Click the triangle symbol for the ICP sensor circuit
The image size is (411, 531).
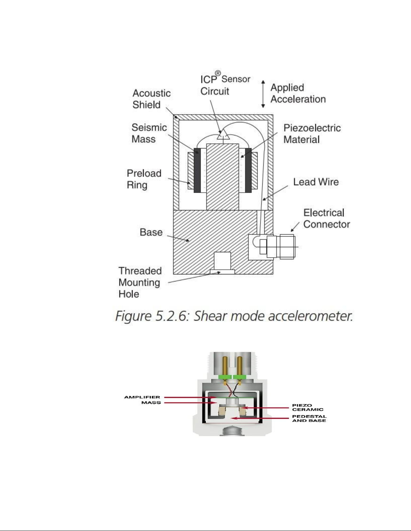[223, 135]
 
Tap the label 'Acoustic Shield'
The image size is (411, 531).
[151, 99]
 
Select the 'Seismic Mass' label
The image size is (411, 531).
[149, 133]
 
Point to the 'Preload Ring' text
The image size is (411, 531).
[144, 179]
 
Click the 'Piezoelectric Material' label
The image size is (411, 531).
[312, 134]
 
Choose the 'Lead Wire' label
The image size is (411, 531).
[316, 182]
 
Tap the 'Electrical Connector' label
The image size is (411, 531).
[326, 218]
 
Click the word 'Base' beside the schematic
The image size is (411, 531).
[151, 232]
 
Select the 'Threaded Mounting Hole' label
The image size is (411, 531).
[140, 282]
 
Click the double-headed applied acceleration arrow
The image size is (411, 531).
[263, 94]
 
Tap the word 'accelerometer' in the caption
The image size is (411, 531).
[310, 316]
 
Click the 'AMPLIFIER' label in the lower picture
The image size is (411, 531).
[142, 397]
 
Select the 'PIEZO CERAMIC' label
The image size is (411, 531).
[308, 407]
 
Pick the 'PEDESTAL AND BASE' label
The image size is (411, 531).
[309, 418]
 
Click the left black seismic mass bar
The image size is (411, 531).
[197, 170]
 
